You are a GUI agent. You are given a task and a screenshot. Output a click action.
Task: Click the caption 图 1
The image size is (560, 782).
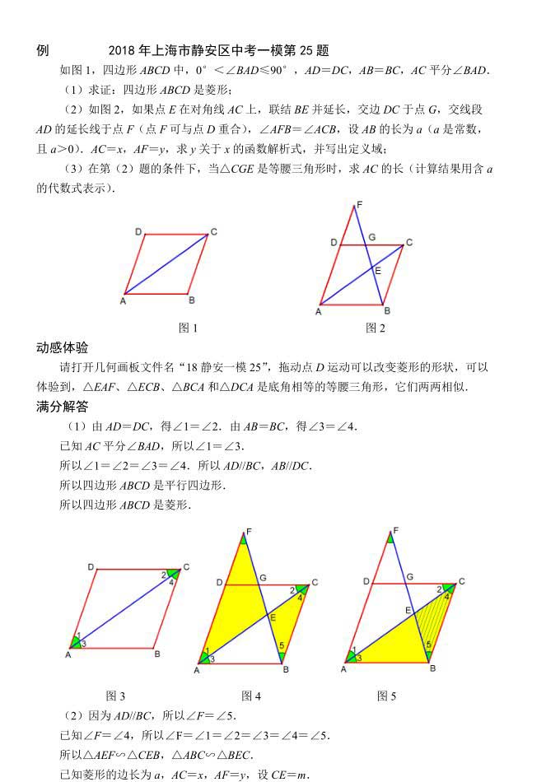point(189,328)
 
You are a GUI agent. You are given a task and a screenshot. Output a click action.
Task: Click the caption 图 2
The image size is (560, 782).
point(376,328)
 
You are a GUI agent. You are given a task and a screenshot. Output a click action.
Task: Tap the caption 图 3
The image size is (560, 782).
point(115,696)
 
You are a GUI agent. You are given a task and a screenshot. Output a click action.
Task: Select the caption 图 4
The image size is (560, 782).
point(251,696)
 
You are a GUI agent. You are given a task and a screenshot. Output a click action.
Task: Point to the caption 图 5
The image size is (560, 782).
point(386,696)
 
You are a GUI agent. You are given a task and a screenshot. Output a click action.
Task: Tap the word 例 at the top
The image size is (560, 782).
point(43,50)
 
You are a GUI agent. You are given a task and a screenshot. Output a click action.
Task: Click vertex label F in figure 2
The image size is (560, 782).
point(359,204)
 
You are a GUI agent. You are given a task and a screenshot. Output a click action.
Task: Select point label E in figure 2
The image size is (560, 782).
point(378,270)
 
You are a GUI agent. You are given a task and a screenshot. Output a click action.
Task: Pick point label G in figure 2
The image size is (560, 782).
point(372,237)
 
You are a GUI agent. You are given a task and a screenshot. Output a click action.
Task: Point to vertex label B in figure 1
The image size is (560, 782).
point(191,300)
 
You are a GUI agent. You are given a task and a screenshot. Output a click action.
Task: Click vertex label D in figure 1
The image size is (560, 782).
point(138,232)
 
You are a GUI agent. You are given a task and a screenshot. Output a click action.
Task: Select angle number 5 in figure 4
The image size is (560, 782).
point(282,645)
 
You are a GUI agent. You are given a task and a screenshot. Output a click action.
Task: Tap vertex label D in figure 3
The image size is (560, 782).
point(91,567)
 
